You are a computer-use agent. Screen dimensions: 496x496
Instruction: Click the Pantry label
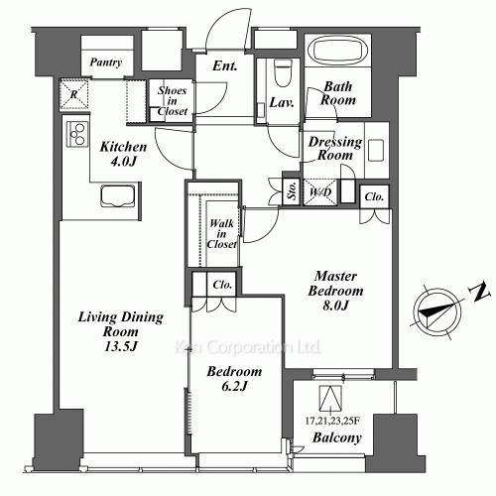coord(105,63)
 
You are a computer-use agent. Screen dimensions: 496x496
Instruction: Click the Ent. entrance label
coord(223,66)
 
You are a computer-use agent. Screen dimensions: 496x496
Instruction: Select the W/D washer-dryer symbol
coord(321,190)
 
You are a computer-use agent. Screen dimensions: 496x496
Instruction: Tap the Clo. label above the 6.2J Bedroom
coord(222,286)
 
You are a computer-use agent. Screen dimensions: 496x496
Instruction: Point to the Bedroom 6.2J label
coord(234,379)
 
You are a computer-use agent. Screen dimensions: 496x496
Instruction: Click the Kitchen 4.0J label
coord(124,153)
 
